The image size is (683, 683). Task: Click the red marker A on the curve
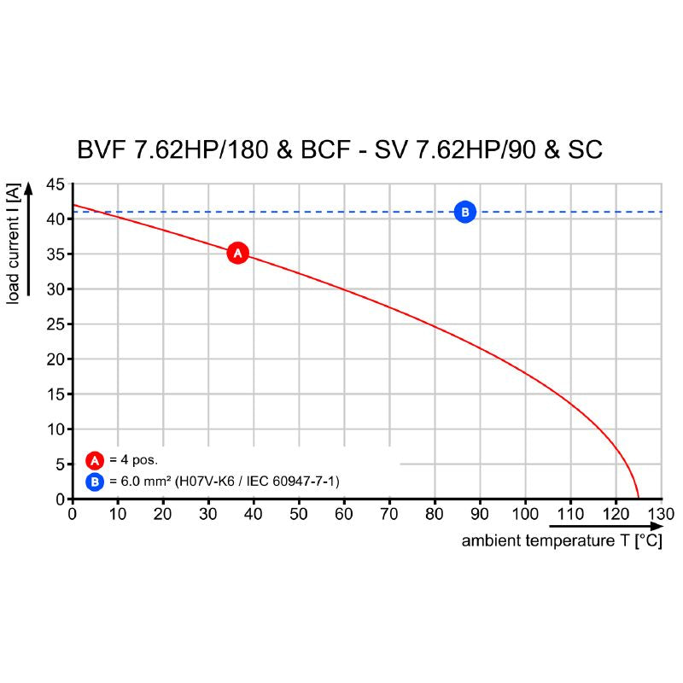pos(237,253)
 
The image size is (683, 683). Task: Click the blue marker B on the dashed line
pos(464,212)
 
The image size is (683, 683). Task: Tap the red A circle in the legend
pos(95,459)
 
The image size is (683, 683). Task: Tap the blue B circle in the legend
pos(95,482)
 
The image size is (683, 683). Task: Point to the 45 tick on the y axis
pos(55,184)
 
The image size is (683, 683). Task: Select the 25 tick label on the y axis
pos(55,324)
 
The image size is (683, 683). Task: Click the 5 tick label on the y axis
pos(59,464)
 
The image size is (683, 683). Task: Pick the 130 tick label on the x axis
pos(661,514)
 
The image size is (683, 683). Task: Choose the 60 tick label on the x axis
pos(344,514)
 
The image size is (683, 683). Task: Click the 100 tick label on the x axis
pos(525,514)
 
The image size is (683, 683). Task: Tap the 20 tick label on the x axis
pos(163,514)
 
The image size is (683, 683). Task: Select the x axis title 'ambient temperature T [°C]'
pos(562,541)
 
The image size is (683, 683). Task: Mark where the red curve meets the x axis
pos(638,498)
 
